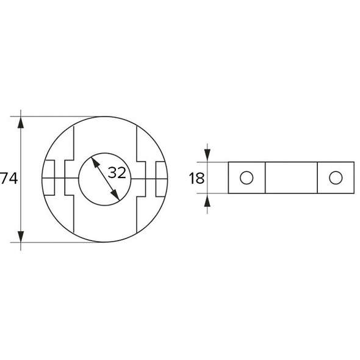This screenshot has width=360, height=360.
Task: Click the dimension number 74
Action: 7,179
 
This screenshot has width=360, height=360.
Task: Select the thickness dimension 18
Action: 196,179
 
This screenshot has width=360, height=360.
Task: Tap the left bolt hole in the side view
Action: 246,178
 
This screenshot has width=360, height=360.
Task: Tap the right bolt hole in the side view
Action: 335,178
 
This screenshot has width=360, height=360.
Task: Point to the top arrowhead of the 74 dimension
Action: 21,121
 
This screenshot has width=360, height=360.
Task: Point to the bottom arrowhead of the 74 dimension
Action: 21,236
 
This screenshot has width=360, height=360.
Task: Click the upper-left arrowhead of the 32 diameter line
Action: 94,162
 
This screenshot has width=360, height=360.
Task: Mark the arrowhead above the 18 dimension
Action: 207,156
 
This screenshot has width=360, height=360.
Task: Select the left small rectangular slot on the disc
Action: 50,178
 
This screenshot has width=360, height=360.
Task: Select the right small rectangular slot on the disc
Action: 160,178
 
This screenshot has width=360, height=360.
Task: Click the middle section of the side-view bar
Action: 291,178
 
